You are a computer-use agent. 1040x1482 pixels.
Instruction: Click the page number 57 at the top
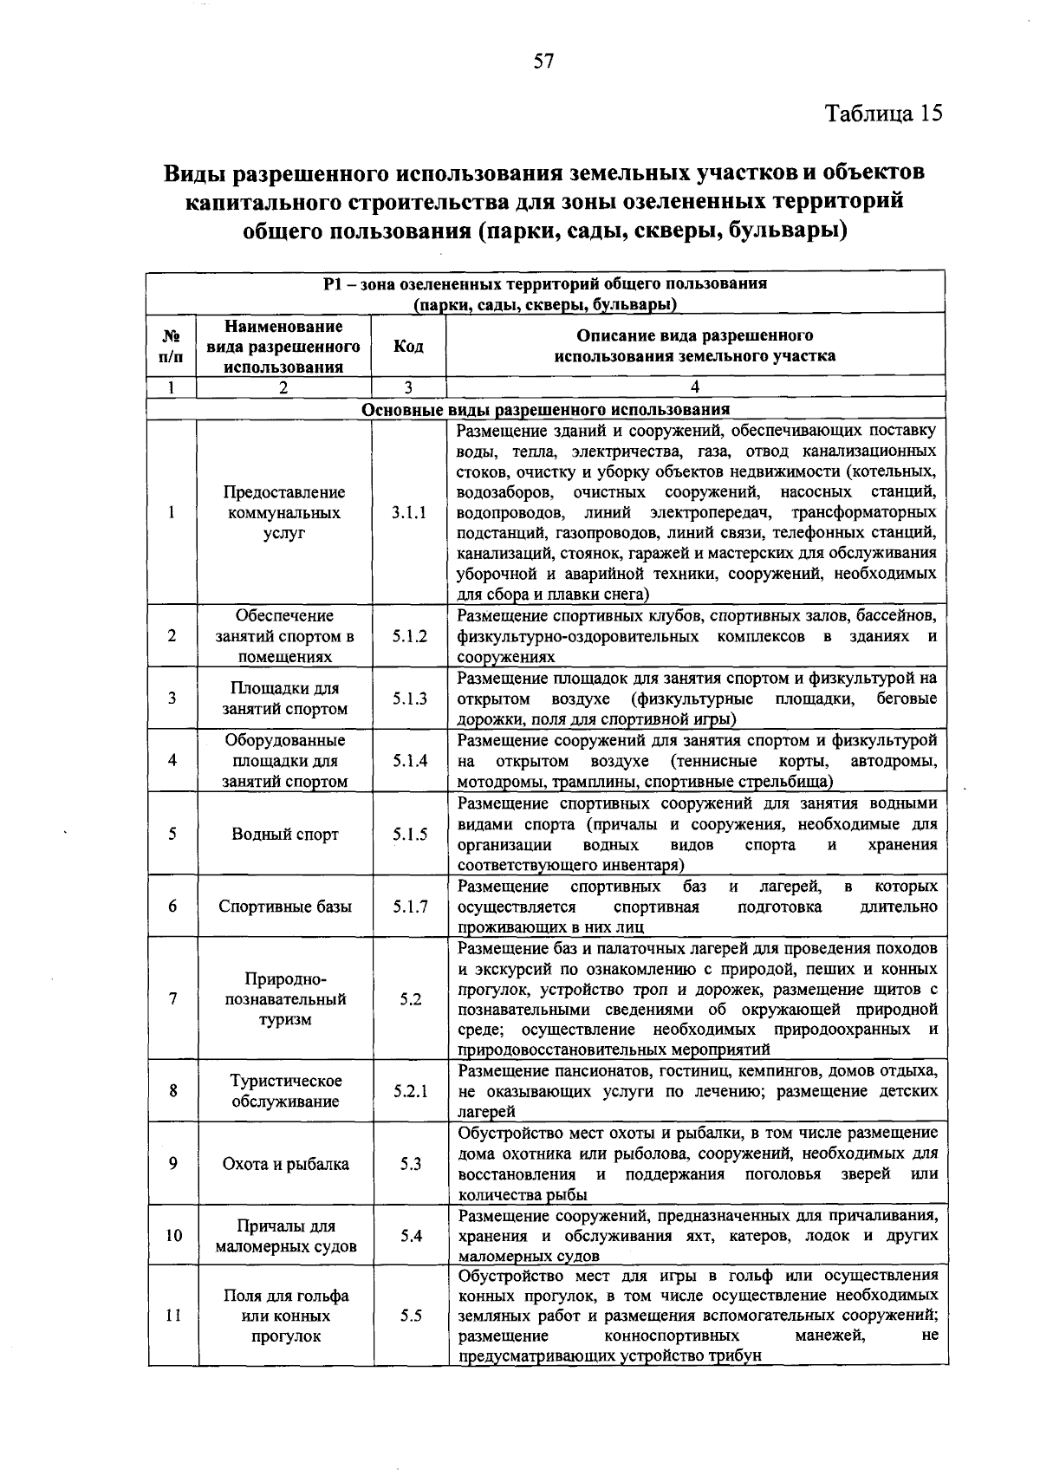pyautogui.click(x=543, y=61)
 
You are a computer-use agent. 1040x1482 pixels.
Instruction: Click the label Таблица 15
pyautogui.click(x=883, y=114)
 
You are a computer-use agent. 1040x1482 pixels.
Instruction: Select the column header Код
pyautogui.click(x=408, y=346)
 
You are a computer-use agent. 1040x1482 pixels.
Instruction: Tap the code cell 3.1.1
pyautogui.click(x=409, y=512)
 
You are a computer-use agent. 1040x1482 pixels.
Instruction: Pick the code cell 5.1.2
pyautogui.click(x=409, y=636)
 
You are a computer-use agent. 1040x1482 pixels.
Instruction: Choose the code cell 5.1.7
pyautogui.click(x=409, y=907)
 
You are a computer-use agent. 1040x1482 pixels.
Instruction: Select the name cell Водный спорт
pyautogui.click(x=285, y=835)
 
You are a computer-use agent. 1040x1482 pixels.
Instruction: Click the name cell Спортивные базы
pyautogui.click(x=285, y=907)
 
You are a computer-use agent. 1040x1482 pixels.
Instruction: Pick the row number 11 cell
pyautogui.click(x=173, y=1316)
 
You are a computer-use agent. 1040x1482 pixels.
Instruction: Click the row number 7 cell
pyautogui.click(x=173, y=998)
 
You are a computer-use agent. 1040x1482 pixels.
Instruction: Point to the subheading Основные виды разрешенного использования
pyautogui.click(x=545, y=409)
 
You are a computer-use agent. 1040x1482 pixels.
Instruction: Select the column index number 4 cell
pyautogui.click(x=694, y=387)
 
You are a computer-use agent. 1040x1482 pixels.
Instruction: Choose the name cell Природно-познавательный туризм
pyautogui.click(x=285, y=998)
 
